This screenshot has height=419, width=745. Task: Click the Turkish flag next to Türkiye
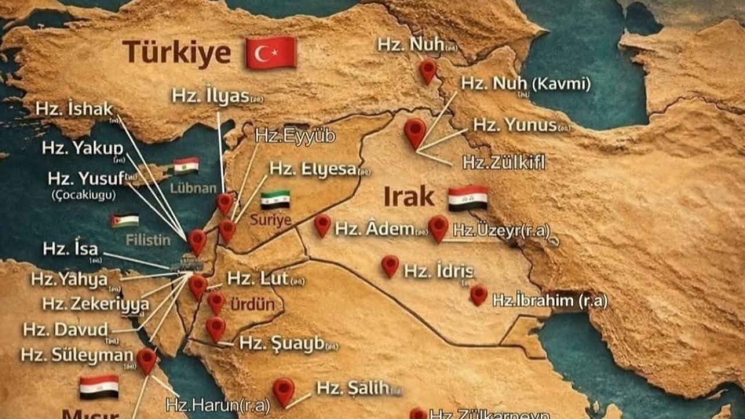click(x=271, y=52)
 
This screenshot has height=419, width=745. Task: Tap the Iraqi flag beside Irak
click(x=467, y=198)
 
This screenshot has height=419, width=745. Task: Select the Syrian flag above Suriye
click(x=275, y=200)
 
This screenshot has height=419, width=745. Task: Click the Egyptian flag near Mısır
click(x=99, y=387)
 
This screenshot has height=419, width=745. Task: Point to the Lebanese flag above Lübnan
click(x=186, y=166)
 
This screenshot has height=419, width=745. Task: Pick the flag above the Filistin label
click(x=125, y=221)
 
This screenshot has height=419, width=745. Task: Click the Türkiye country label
click(x=176, y=52)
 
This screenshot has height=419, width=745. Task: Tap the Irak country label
click(x=409, y=197)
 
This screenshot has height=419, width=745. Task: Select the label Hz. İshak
click(x=74, y=109)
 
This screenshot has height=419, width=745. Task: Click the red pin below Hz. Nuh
click(x=428, y=70)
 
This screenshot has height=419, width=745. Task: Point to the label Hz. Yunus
click(x=515, y=125)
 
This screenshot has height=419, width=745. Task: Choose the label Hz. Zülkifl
click(x=504, y=162)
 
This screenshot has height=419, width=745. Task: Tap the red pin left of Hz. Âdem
click(x=322, y=225)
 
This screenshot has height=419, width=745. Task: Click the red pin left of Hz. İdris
click(x=390, y=266)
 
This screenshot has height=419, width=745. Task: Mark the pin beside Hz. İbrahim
click(x=478, y=294)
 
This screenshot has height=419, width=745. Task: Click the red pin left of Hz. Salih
click(x=283, y=391)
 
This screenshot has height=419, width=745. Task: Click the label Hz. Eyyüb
click(x=295, y=136)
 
